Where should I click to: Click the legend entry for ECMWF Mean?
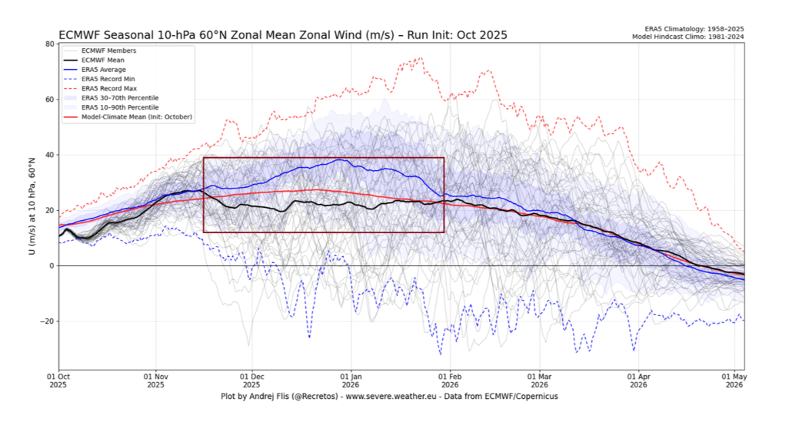click(x=102, y=60)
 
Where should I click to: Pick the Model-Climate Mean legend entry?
click(x=136, y=117)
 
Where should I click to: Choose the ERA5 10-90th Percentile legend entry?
click(x=119, y=107)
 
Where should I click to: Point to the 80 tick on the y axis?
click(x=49, y=44)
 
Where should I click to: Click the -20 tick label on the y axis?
click(x=47, y=321)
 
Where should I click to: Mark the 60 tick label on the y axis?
click(x=49, y=100)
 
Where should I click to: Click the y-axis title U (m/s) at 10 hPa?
click(x=31, y=207)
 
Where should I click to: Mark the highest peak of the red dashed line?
click(x=421, y=58)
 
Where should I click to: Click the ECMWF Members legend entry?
click(x=108, y=50)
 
